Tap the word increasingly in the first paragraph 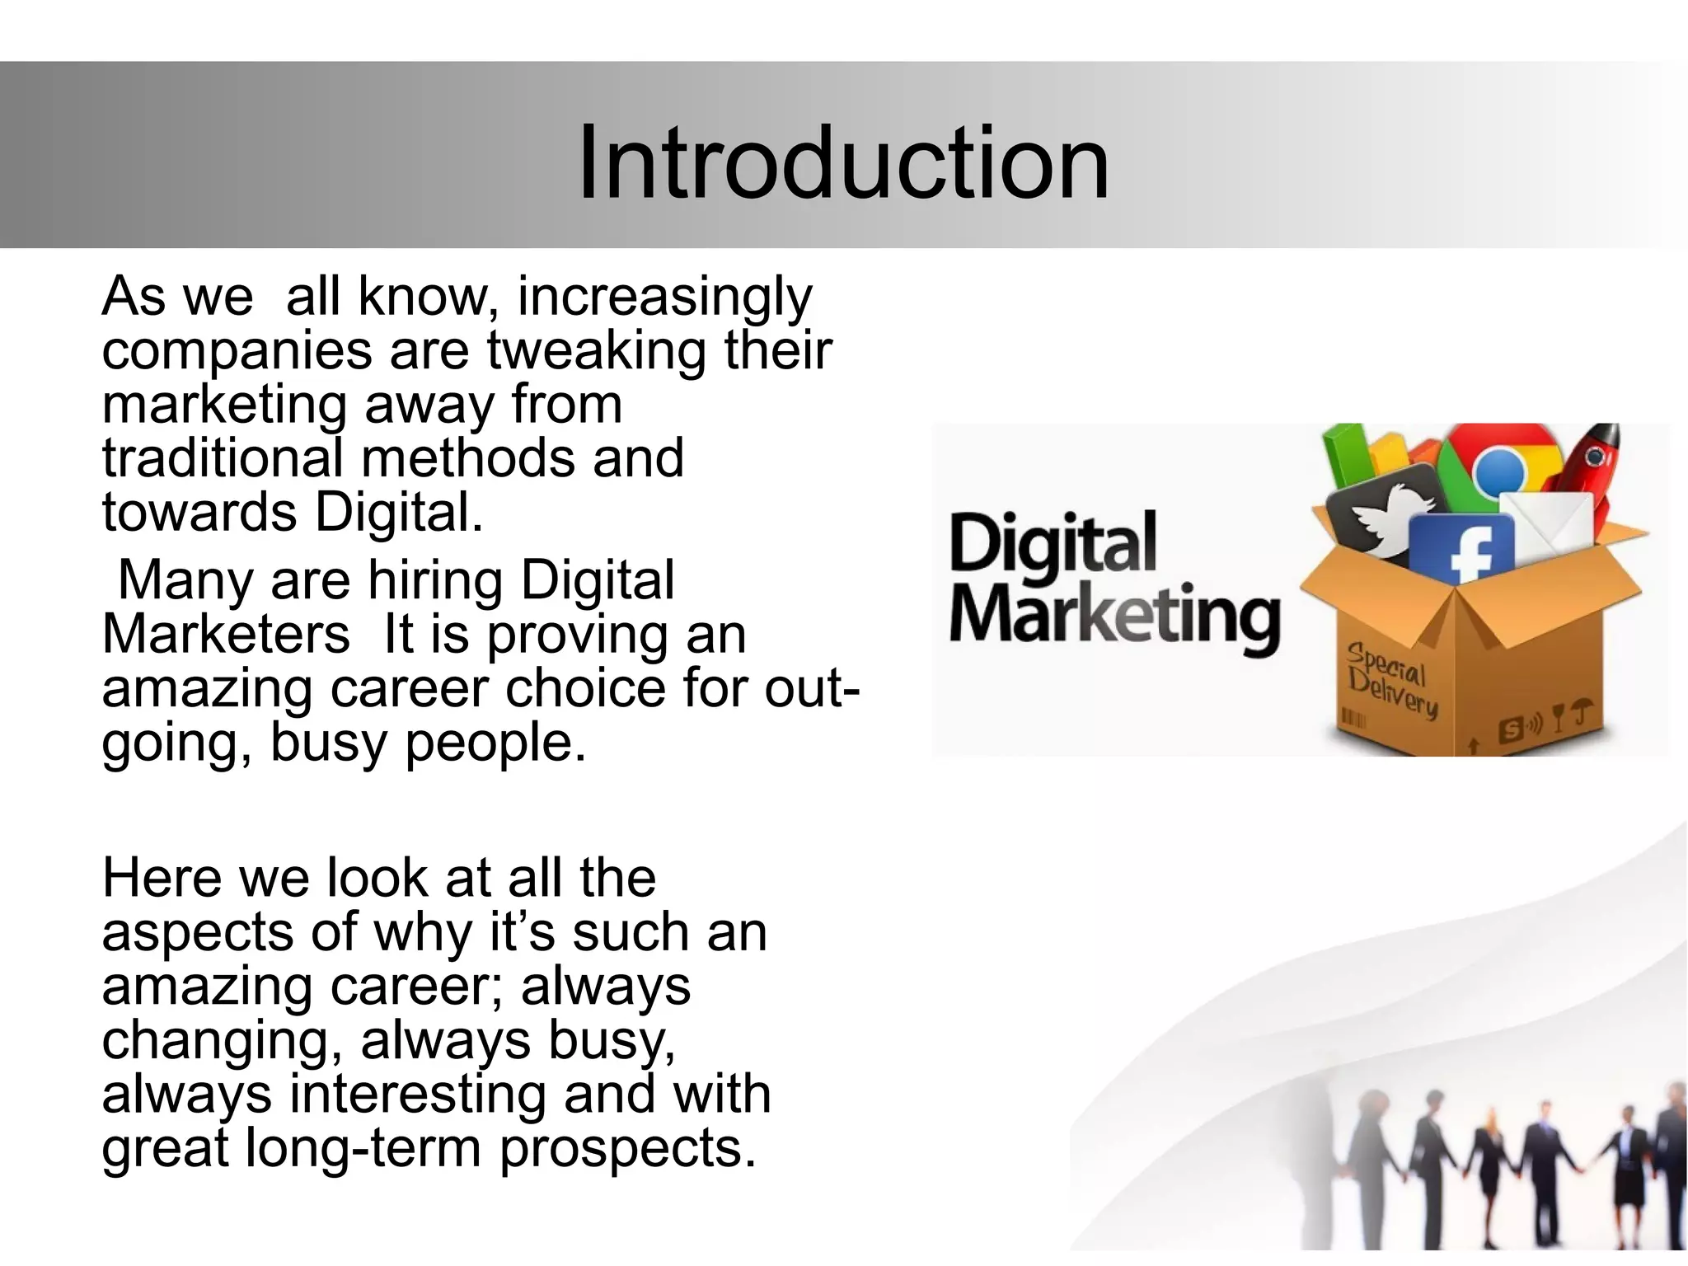coord(664,297)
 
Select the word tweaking coord(597,351)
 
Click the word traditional coord(223,458)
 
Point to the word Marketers coord(226,635)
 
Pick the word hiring coord(435,581)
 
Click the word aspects coord(198,933)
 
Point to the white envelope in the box coord(1548,527)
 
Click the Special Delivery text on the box coord(1391,680)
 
